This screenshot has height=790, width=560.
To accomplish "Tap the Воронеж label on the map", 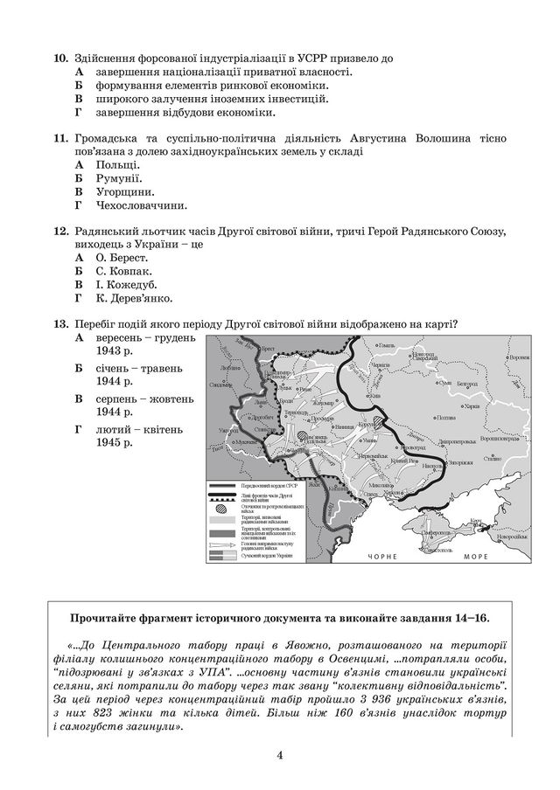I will [x=519, y=357].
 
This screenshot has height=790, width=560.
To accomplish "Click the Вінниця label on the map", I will [x=343, y=426].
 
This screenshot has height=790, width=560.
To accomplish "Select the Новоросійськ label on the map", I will [x=511, y=537].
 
